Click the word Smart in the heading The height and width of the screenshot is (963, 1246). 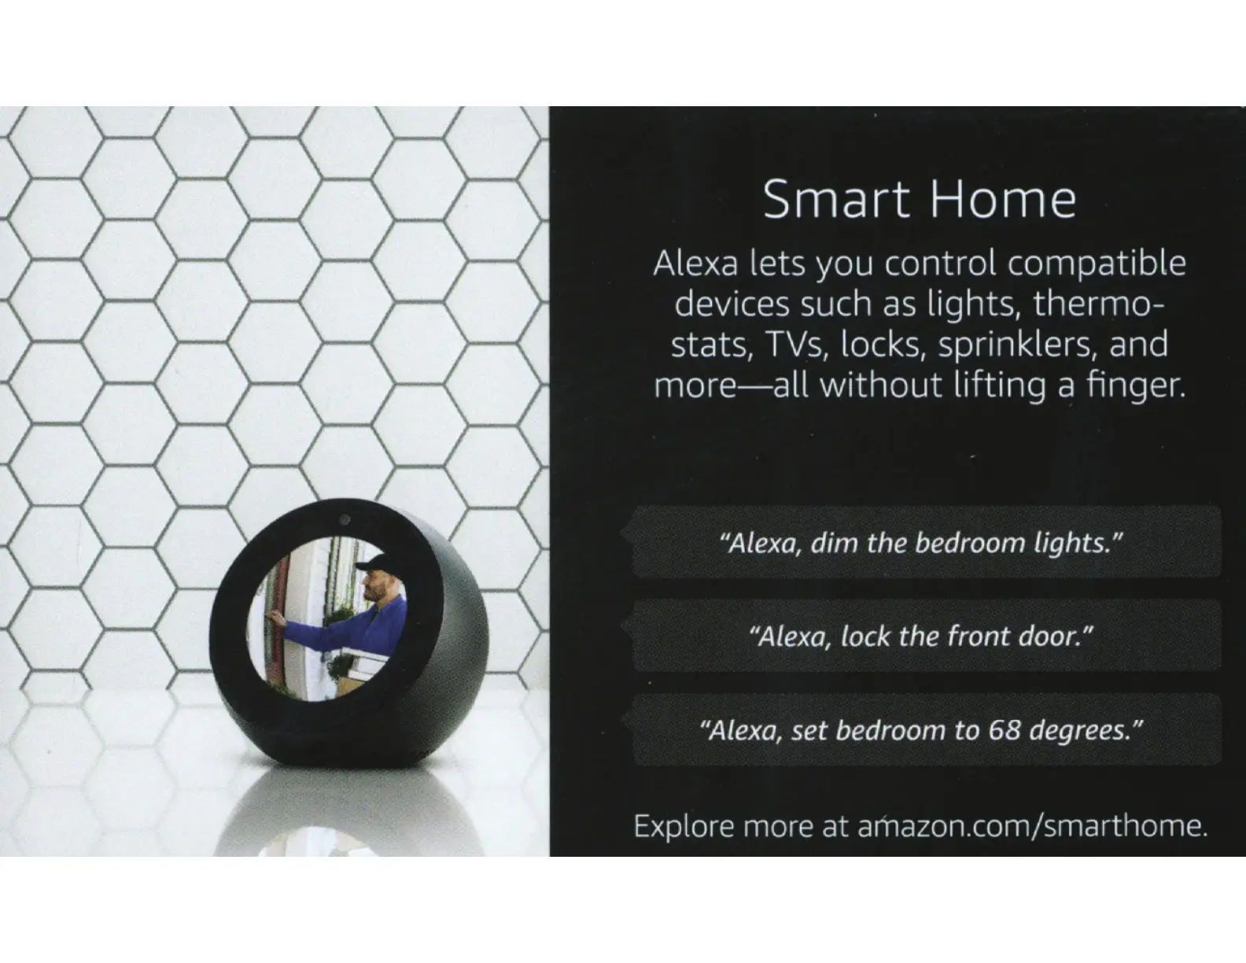point(837,199)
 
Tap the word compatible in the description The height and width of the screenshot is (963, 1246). point(1097,264)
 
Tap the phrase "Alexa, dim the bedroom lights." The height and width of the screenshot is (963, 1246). point(921,543)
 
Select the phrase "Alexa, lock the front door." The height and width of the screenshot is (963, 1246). point(921,636)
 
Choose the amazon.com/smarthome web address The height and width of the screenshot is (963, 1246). point(1032,826)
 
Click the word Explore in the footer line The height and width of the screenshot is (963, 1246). point(684,827)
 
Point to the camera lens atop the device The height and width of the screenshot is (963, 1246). point(345,519)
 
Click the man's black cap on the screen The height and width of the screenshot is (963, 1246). point(375,563)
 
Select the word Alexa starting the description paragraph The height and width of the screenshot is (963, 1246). point(695,264)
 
